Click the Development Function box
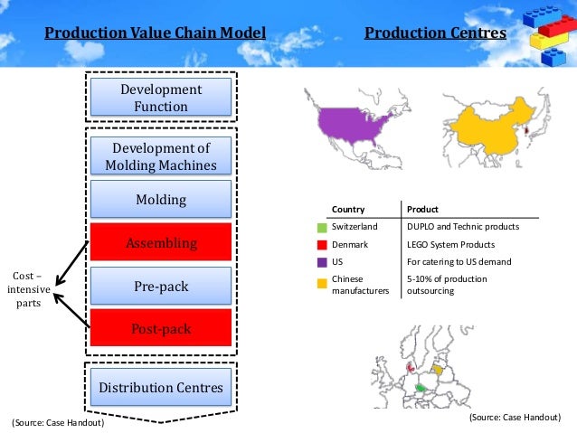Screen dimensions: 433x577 point(160,99)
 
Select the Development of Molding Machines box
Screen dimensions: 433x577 point(160,156)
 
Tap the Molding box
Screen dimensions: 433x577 point(160,199)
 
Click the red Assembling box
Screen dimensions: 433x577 point(160,244)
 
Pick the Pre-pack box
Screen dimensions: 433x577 point(160,287)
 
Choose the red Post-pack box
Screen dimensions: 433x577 point(160,329)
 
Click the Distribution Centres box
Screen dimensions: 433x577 point(160,388)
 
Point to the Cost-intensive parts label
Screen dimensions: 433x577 point(28,289)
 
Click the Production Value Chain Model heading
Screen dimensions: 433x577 point(156,34)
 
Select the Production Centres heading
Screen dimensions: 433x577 point(435,34)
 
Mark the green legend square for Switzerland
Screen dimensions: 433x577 point(322,226)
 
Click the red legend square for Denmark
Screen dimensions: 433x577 point(322,244)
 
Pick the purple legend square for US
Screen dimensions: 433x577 point(322,262)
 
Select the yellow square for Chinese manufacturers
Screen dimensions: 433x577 point(322,282)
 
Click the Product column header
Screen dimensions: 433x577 point(422,208)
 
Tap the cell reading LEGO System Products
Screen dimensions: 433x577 point(450,244)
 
